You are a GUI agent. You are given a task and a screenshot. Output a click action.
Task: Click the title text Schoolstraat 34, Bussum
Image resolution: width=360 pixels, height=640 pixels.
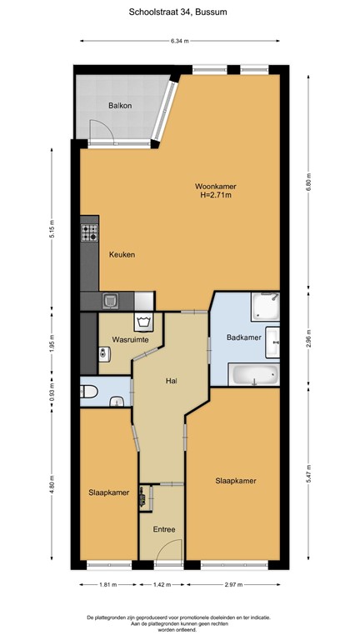tap(179, 12)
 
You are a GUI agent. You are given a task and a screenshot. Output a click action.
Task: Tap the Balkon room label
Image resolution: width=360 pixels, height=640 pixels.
tap(120, 106)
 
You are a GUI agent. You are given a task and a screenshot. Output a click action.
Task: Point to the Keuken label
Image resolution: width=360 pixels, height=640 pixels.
tap(122, 255)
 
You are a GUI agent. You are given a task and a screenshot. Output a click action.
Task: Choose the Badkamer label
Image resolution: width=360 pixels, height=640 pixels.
tap(244, 337)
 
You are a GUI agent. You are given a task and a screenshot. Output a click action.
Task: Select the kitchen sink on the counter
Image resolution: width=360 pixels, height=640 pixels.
tap(109, 300)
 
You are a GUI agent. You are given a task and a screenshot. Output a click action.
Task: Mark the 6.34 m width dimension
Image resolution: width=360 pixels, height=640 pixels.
tap(179, 40)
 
